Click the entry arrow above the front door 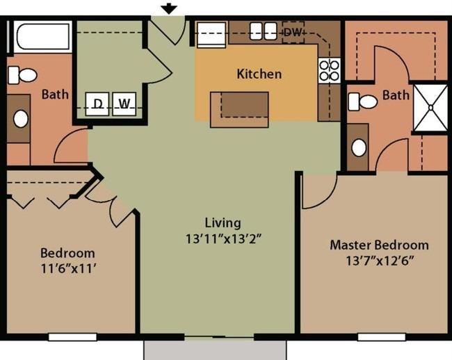point(169,9)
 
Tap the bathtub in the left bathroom point(42,37)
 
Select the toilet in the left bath point(22,75)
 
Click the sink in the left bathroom point(21,119)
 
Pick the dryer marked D point(97,104)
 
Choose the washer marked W point(124,104)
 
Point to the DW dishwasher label point(293,32)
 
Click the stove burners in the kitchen point(329,71)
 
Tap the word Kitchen point(259,74)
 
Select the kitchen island point(239,109)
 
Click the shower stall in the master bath point(430,108)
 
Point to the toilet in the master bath point(362,101)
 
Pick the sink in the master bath point(359,147)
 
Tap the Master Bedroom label point(379,245)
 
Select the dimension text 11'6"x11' point(68,269)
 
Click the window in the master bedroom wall point(382,337)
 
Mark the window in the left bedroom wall point(72,337)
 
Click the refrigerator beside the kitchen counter point(211,34)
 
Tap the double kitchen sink point(264,31)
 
